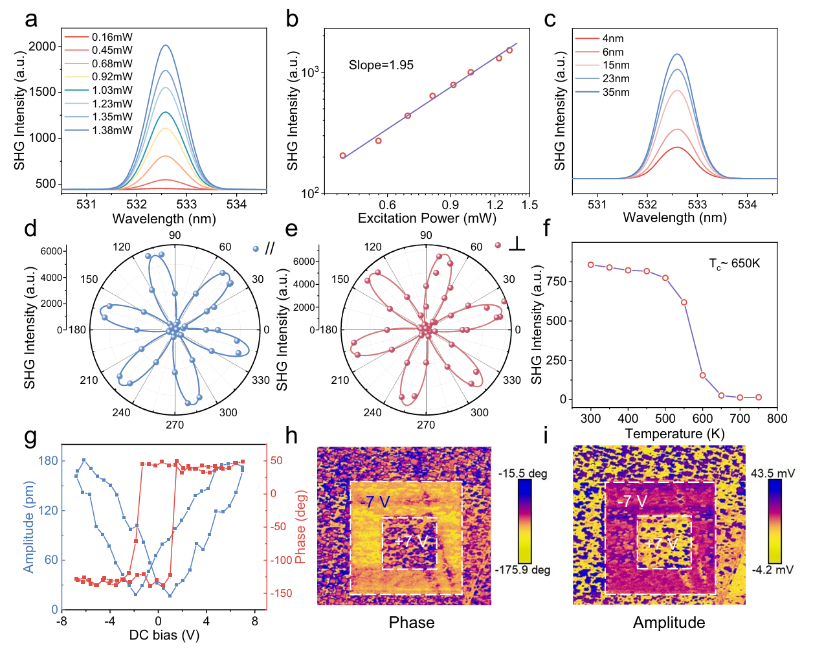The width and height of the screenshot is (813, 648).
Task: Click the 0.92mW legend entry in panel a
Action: [x=112, y=77]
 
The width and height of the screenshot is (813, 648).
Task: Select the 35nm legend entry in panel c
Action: [x=616, y=92]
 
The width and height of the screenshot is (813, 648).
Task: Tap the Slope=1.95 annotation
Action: [x=381, y=65]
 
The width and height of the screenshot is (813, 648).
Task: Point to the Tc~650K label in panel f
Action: [x=734, y=263]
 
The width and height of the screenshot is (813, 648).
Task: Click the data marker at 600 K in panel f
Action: [x=702, y=375]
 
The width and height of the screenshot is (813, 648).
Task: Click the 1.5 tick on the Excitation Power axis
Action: [x=529, y=205]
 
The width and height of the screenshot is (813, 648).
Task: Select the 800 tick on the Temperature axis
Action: [x=777, y=419]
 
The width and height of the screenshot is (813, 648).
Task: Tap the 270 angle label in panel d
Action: [x=175, y=425]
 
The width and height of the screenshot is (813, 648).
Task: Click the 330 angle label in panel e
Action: [x=511, y=380]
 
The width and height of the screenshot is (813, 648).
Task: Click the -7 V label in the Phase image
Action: [x=375, y=502]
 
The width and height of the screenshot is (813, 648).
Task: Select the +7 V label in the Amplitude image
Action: [x=662, y=543]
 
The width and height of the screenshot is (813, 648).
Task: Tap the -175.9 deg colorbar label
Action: [x=523, y=570]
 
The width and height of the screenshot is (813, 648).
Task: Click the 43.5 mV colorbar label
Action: [x=773, y=473]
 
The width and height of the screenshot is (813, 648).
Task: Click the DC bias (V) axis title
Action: [x=164, y=635]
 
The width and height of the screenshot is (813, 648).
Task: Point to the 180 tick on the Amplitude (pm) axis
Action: [x=49, y=461]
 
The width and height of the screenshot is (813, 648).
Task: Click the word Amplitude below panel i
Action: [x=669, y=623]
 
